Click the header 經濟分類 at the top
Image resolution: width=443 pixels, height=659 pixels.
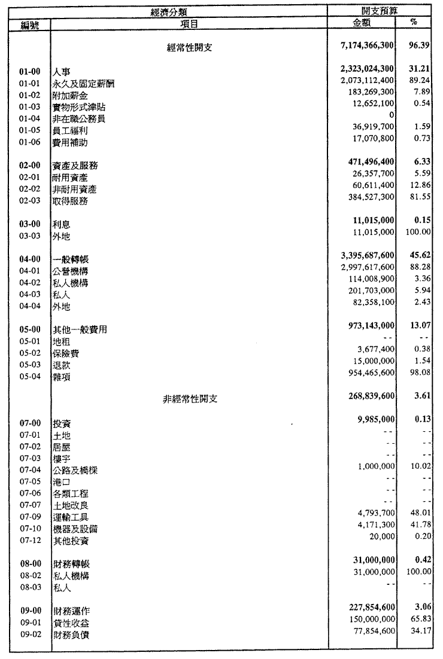click(x=189, y=11)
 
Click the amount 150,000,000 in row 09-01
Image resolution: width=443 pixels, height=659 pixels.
click(x=369, y=621)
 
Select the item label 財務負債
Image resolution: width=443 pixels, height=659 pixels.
click(x=70, y=634)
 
